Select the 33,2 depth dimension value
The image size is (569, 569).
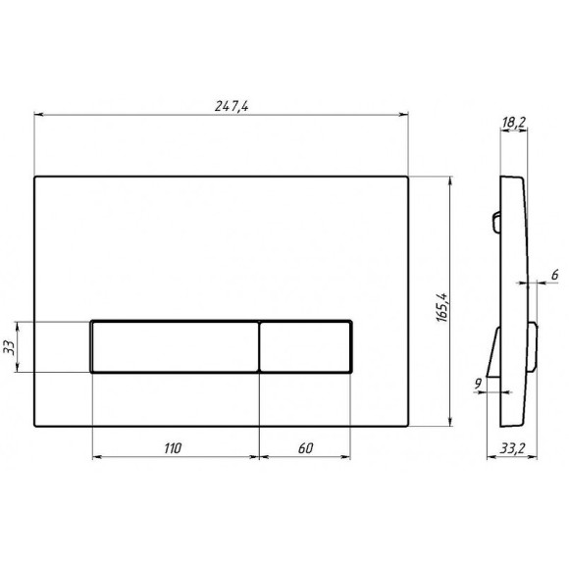pyautogui.click(x=511, y=449)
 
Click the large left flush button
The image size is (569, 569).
pyautogui.click(x=175, y=345)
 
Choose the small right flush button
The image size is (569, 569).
pyautogui.click(x=305, y=345)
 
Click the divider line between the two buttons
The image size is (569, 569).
pyautogui.click(x=259, y=345)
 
